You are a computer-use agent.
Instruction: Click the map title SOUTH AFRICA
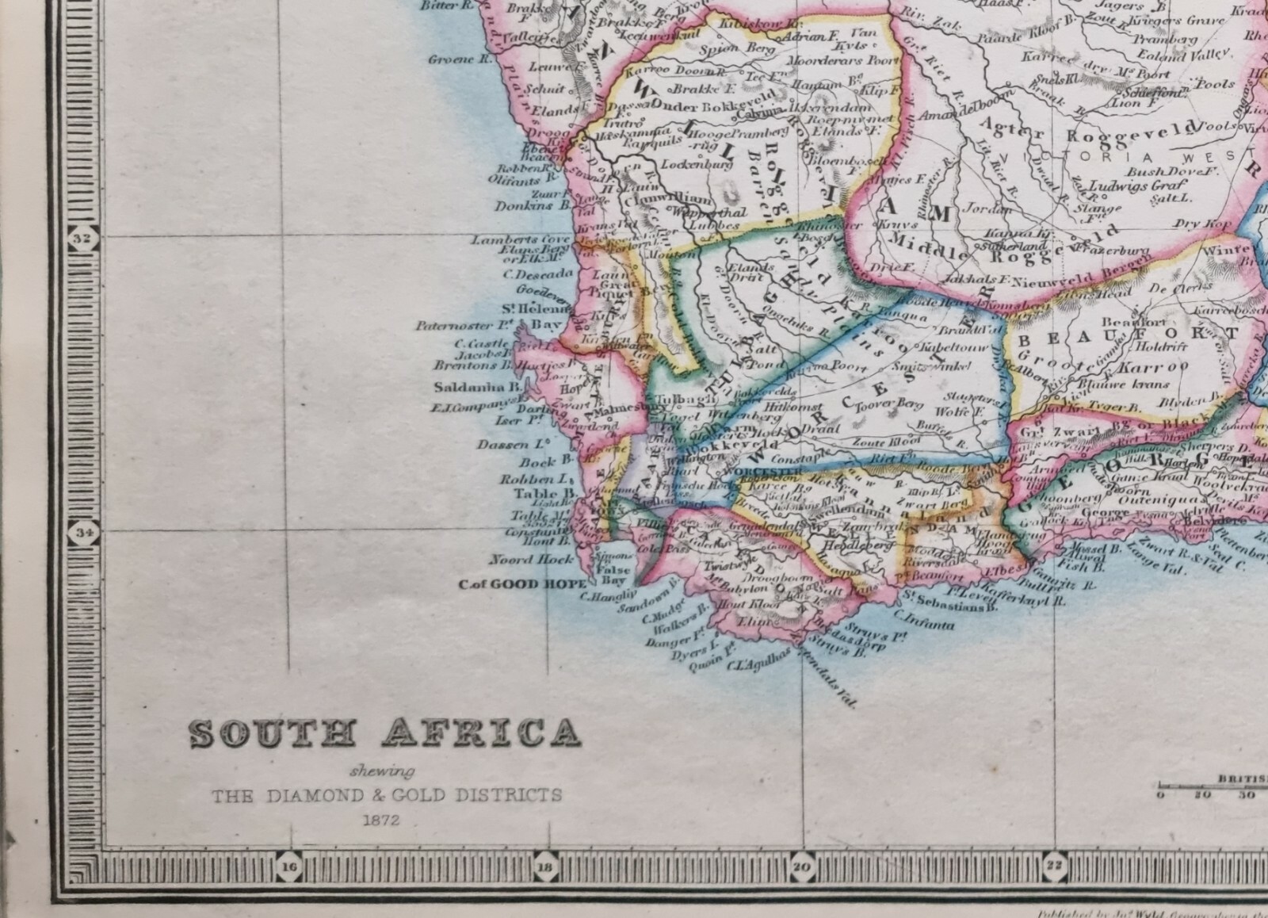click(385, 734)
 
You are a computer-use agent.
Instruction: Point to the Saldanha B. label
click(477, 388)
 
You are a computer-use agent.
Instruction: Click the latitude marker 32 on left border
click(82, 237)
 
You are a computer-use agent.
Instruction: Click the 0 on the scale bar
click(1159, 794)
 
